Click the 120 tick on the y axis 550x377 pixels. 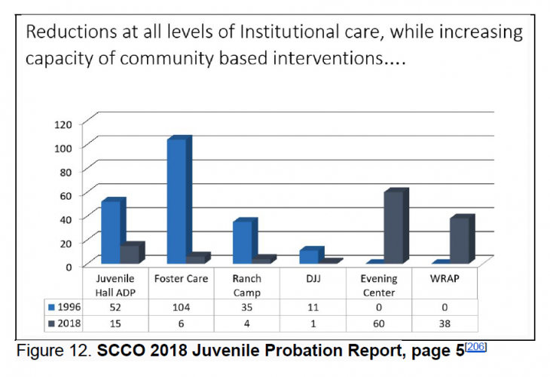click(x=63, y=124)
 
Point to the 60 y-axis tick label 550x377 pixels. click(x=66, y=195)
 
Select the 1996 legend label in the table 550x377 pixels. click(x=69, y=307)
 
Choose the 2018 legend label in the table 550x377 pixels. click(x=69, y=322)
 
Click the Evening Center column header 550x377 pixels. click(x=379, y=285)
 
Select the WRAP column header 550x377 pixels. click(x=445, y=278)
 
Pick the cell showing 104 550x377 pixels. click(x=181, y=307)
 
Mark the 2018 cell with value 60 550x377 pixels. click(x=379, y=322)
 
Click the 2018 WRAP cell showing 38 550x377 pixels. click(x=445, y=322)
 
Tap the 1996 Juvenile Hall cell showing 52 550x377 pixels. click(x=115, y=307)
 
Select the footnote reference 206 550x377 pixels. click(x=477, y=347)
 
